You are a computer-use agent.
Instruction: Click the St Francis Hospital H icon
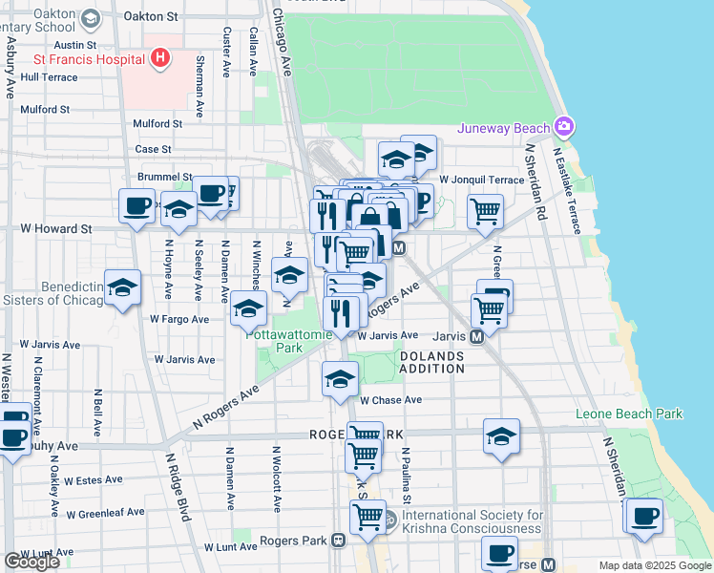point(160,58)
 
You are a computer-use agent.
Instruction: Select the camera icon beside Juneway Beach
point(565,127)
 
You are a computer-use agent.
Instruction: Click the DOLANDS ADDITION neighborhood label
point(430,362)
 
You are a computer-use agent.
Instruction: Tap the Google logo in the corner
point(31,562)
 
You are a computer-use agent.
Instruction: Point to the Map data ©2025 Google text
point(655,565)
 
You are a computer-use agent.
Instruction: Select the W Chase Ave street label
point(390,400)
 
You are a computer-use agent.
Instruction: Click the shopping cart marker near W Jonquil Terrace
point(486,211)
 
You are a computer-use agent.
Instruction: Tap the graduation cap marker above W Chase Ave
point(341,380)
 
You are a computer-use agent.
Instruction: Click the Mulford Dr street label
point(157,124)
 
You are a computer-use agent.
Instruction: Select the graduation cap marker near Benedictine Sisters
point(123,290)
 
